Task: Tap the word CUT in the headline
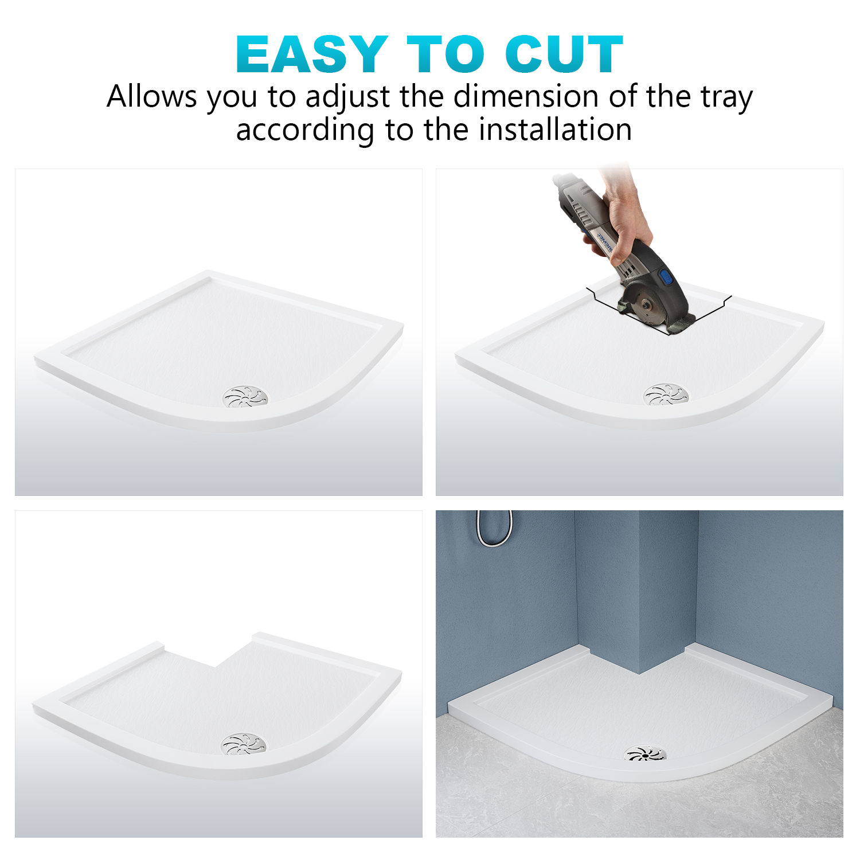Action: pos(564,54)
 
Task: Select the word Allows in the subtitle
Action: pos(152,96)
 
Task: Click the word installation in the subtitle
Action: pos(556,130)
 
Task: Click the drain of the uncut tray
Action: pos(245,397)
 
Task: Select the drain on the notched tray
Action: pos(244,744)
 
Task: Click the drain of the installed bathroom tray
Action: pos(646,753)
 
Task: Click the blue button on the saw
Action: pos(666,279)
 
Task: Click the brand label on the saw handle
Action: pos(603,243)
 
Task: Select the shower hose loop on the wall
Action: pos(495,528)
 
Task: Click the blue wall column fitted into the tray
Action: pos(636,591)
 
